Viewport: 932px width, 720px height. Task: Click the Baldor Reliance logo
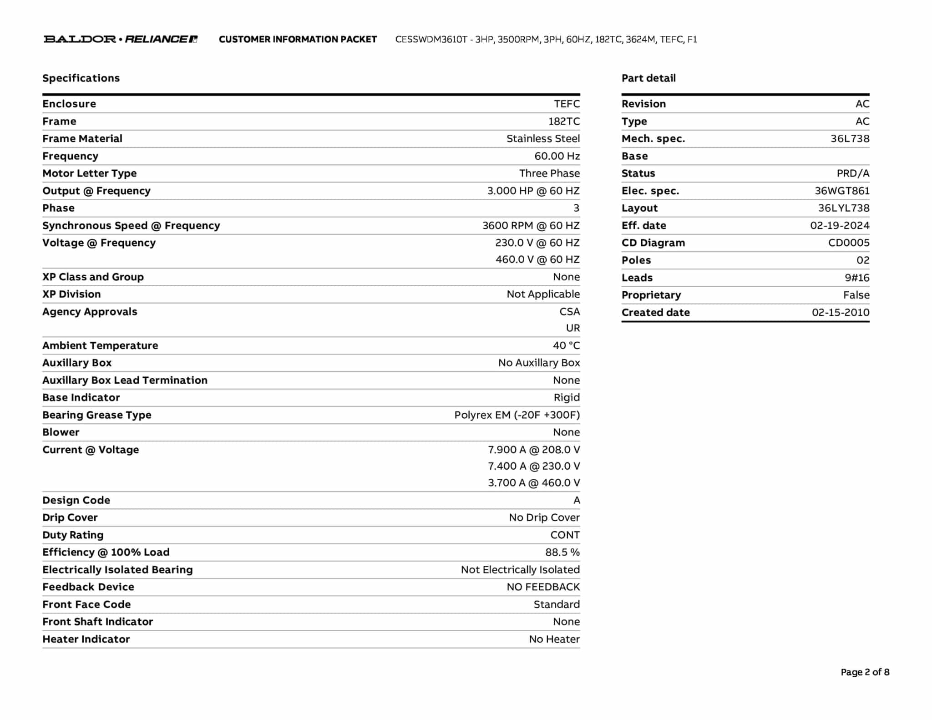[121, 39]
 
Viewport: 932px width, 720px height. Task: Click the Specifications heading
[81, 78]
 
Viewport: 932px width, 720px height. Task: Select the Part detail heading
[648, 78]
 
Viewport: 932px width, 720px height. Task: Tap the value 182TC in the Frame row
[564, 122]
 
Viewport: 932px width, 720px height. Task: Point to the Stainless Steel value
[543, 139]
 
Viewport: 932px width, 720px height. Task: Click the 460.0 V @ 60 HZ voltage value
[537, 259]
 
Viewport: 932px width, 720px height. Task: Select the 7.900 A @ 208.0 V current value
[534, 450]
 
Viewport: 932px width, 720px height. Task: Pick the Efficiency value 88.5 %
[562, 553]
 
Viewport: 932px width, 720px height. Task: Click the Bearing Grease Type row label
[97, 415]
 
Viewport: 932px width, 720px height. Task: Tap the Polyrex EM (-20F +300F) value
[517, 415]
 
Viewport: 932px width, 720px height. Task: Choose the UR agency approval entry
[573, 328]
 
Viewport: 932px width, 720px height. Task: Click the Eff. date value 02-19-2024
[840, 226]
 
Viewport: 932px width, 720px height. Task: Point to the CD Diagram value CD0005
[849, 243]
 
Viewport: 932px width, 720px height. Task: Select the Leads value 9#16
[857, 278]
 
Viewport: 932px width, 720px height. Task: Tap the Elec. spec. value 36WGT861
[842, 191]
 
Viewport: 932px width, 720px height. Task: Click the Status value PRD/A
[853, 173]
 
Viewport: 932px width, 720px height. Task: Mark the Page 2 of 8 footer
[865, 672]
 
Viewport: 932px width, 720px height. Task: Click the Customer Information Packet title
[298, 40]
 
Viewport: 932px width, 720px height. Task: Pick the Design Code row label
[76, 500]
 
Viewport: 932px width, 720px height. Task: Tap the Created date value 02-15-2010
[841, 313]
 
